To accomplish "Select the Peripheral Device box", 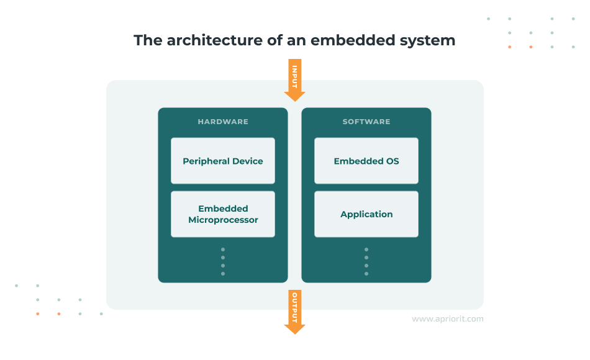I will point(223,161).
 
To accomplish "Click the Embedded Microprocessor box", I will point(223,214).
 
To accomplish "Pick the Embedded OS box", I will point(366,161).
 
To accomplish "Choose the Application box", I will point(366,214).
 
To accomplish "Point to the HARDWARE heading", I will point(223,122).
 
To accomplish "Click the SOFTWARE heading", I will point(366,122).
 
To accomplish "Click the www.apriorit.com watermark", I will point(447,319).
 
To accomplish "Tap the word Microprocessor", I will point(223,220).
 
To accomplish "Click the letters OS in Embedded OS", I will point(391,161).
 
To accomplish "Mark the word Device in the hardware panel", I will point(247,161).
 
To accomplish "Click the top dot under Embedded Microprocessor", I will point(223,250).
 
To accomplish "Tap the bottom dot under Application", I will point(366,274).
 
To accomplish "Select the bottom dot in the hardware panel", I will point(223,274).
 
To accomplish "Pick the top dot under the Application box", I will point(366,250).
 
